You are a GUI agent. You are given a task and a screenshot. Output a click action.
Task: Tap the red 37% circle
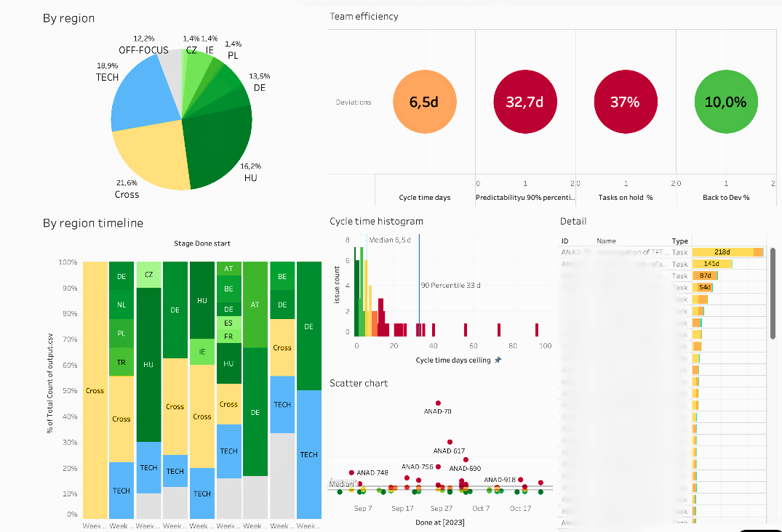(x=625, y=102)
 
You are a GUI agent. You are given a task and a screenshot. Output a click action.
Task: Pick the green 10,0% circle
(x=725, y=102)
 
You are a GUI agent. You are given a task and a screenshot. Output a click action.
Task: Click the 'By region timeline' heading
(x=93, y=223)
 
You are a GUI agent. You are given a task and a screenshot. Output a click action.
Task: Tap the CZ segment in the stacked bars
(x=148, y=275)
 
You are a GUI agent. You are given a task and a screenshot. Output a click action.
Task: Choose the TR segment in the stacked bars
(x=121, y=362)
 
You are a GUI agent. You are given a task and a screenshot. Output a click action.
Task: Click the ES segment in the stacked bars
(x=228, y=322)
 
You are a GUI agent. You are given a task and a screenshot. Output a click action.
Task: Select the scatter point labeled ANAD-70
(x=438, y=403)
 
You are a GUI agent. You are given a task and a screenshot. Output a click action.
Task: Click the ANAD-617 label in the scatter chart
(x=449, y=451)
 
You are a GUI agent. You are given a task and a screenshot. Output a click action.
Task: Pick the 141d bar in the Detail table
(x=711, y=264)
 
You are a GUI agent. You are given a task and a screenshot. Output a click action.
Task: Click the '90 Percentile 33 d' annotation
(x=450, y=285)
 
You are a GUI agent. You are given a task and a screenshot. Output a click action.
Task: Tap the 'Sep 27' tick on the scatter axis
(x=442, y=509)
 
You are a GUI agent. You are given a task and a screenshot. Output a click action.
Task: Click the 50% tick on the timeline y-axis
(x=70, y=391)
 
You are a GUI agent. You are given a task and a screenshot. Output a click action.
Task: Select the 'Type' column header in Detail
(x=679, y=241)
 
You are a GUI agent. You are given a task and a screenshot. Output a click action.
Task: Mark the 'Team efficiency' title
(x=364, y=16)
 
